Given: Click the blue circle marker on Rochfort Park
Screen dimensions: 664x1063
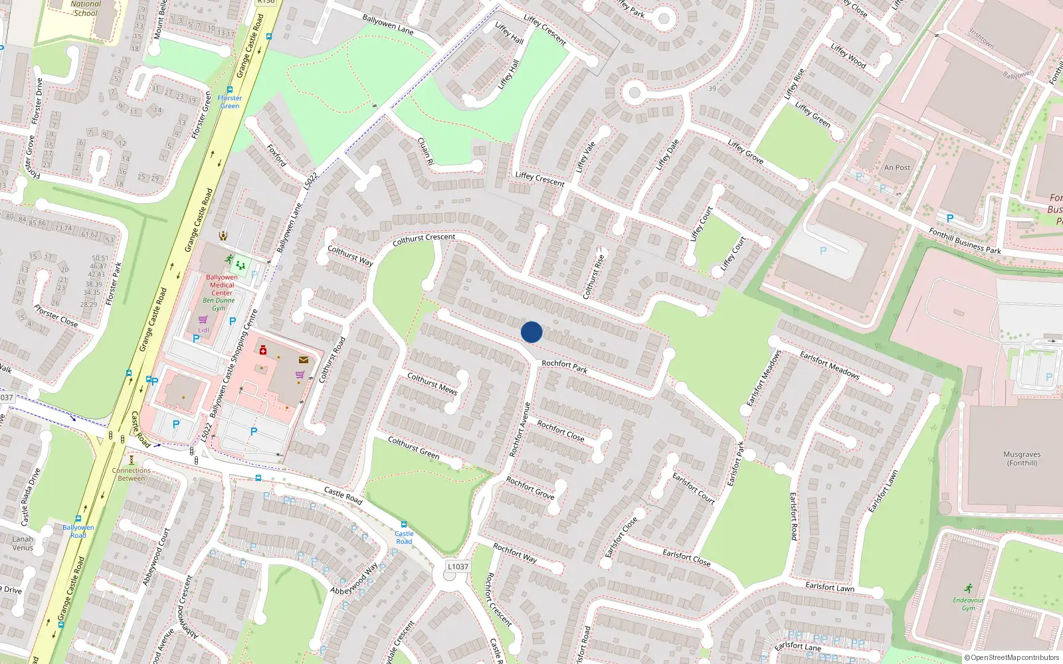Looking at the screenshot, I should click(x=531, y=332).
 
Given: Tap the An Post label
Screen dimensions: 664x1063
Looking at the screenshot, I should click(x=897, y=167).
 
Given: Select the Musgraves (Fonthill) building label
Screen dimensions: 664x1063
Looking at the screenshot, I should click(x=1022, y=459).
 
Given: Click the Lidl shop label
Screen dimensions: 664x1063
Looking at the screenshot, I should click(x=203, y=329).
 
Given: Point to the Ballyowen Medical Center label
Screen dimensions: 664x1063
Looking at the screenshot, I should click(x=222, y=285).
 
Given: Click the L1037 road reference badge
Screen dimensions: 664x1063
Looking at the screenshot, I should click(x=458, y=566).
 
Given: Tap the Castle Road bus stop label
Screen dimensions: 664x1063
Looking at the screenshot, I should click(x=404, y=537).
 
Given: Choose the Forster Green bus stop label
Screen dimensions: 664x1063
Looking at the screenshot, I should click(x=230, y=102).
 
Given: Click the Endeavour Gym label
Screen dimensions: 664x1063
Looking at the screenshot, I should click(x=968, y=604).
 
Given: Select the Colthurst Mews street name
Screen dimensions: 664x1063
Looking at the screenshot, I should click(x=433, y=383).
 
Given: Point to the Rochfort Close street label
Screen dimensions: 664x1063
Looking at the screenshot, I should click(x=561, y=431).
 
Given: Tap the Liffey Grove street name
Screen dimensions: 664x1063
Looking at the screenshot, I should click(x=745, y=151).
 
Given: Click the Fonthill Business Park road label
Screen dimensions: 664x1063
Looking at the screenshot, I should click(x=965, y=241).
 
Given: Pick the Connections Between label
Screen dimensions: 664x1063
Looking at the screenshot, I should click(x=132, y=474).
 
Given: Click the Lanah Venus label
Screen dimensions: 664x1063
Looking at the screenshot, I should click(x=23, y=543).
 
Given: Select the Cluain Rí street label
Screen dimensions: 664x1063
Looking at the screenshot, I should click(x=425, y=151).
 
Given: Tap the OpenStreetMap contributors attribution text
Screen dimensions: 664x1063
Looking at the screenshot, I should click(x=1012, y=657).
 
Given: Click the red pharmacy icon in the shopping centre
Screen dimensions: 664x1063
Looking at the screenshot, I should click(x=263, y=350).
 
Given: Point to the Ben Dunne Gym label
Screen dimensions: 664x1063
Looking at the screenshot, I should click(x=219, y=304).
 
